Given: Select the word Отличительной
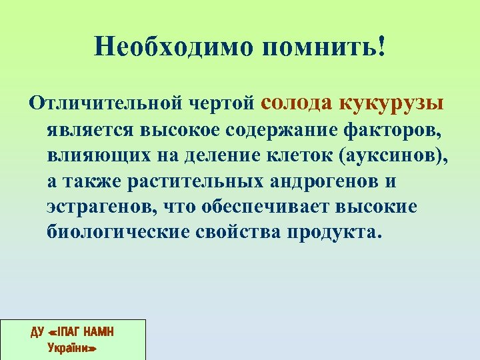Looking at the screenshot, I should coord(107,104).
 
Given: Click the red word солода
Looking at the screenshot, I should coord(297,102).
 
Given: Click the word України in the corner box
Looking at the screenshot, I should coord(73,347).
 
